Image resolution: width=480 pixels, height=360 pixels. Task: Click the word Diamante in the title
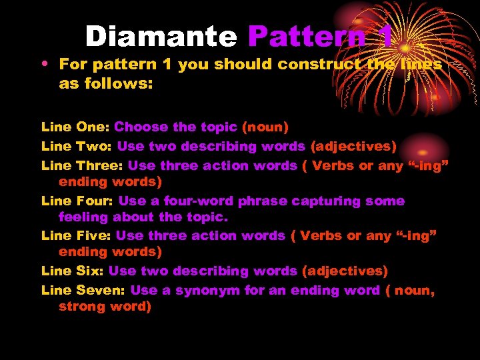(161, 36)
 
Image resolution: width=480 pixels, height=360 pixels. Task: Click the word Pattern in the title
(307, 36)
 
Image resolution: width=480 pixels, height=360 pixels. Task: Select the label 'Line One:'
(75, 127)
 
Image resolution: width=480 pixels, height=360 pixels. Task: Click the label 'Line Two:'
(77, 146)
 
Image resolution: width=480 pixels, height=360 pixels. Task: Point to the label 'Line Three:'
(83, 165)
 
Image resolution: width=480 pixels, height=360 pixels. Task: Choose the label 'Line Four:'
(77, 201)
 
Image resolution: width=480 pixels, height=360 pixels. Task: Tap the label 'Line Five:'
(77, 235)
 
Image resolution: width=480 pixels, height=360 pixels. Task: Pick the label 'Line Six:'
(73, 271)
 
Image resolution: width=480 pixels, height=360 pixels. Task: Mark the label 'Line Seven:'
(83, 290)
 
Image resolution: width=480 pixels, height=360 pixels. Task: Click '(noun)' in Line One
(265, 127)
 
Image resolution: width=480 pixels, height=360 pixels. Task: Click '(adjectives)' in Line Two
(354, 146)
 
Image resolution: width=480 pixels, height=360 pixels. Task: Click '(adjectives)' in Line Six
(345, 271)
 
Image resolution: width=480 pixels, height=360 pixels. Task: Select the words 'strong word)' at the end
(105, 306)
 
